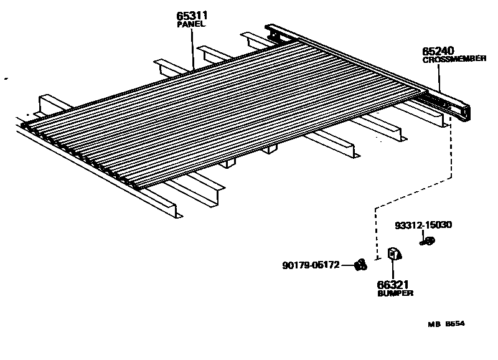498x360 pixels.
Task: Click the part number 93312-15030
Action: (423, 226)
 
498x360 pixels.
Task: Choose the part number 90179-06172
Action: (309, 265)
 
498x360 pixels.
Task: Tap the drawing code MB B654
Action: (446, 324)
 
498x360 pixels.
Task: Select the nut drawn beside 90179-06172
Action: (359, 265)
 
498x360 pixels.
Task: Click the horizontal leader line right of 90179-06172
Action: (347, 265)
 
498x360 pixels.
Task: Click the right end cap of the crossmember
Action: (463, 113)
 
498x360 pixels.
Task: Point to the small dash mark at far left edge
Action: (6, 79)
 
